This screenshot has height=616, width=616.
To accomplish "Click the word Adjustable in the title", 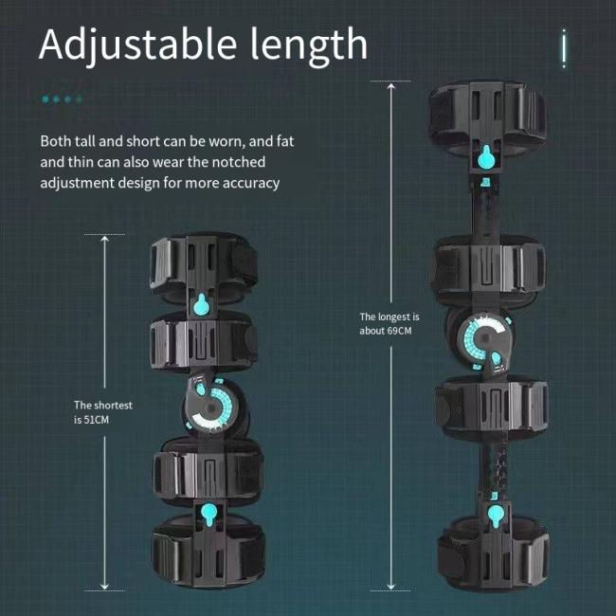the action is (137, 45).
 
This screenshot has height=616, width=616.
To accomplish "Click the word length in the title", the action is (309, 46).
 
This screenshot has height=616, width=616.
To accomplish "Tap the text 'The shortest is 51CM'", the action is (103, 412).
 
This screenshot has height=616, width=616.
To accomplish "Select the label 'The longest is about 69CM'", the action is (390, 324).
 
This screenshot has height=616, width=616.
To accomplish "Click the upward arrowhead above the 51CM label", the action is (104, 239).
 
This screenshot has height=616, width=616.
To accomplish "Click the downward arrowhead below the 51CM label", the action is (104, 587).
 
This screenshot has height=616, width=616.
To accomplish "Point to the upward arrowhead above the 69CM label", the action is (390, 86).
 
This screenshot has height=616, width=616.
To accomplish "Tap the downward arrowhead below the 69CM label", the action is (390, 587).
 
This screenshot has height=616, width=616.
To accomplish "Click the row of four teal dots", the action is (62, 99).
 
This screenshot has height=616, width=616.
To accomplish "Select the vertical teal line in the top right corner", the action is (564, 48).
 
